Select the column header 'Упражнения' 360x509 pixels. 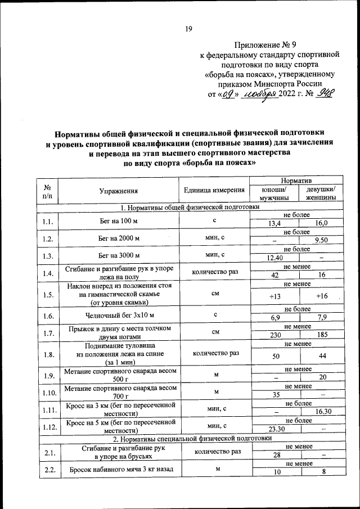tap(118, 191)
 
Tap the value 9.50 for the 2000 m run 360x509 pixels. tap(322, 240)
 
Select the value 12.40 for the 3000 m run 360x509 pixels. tap(274, 258)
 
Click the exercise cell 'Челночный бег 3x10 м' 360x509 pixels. tap(119, 316)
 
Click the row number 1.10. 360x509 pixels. tap(47, 392)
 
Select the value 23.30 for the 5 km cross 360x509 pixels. tap(274, 429)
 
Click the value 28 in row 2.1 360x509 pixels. tap(274, 454)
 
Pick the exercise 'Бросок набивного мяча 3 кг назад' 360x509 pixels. tap(119, 469)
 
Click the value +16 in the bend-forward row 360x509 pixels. tap(322, 296)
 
